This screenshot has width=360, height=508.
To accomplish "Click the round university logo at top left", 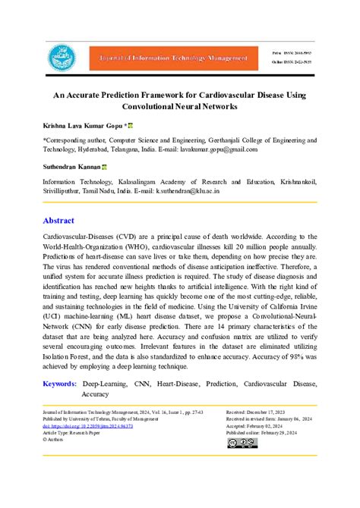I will pyautogui.click(x=58, y=58).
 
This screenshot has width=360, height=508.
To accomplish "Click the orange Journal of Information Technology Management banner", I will pyautogui.click(x=170, y=58).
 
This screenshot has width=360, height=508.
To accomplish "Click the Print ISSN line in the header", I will pyautogui.click(x=291, y=52).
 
